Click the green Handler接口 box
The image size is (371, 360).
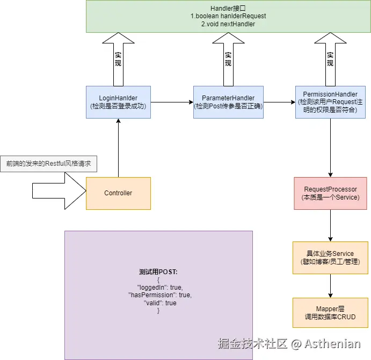pyautogui.click(x=228, y=16)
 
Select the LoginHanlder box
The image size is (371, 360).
pyautogui.click(x=118, y=102)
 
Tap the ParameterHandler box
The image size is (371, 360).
pyautogui.click(x=228, y=102)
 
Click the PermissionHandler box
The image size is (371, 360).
pyautogui.click(x=330, y=102)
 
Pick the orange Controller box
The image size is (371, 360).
pyautogui.click(x=118, y=193)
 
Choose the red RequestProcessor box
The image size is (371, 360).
pyautogui.click(x=330, y=193)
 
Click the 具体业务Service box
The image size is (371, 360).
pyautogui.click(x=330, y=258)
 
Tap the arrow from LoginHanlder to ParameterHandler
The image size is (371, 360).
pyautogui.click(x=172, y=102)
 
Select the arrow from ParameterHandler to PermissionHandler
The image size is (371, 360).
pyautogui.click(x=279, y=102)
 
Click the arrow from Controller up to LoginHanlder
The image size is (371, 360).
pyautogui.click(x=118, y=148)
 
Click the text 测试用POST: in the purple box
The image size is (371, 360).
pyautogui.click(x=158, y=271)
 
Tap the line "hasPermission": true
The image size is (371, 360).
pyautogui.click(x=159, y=295)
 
